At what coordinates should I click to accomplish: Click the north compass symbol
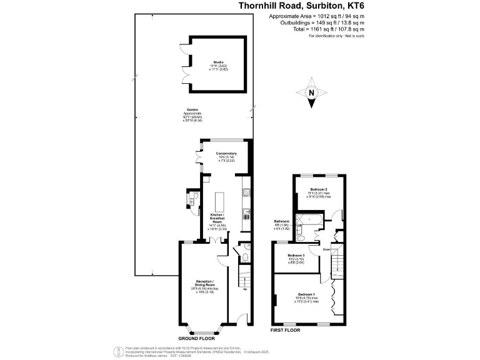point(311,93)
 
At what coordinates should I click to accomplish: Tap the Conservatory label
point(226,156)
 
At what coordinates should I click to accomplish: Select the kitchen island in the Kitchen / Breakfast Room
point(219,202)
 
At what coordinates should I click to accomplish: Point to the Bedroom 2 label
point(319,192)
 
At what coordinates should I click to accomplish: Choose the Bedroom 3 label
point(296,258)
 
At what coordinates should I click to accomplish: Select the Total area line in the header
point(326,29)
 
